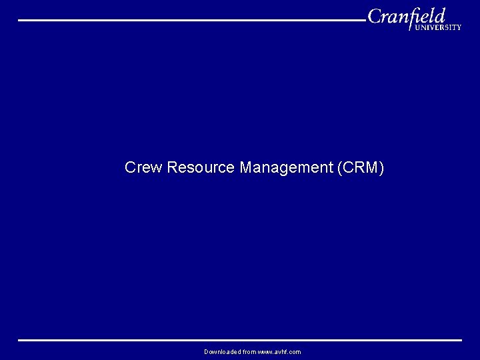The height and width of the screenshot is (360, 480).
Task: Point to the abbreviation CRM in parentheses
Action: point(361,167)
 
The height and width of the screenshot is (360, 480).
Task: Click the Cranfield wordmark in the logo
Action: point(406,16)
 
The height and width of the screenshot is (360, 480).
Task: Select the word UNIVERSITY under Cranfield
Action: point(437,28)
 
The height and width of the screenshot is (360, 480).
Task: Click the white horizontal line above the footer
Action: point(240,340)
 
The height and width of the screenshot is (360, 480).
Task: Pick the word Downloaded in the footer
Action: point(222,351)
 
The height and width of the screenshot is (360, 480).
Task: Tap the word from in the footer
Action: point(249,351)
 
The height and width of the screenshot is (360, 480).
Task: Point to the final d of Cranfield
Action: point(439,15)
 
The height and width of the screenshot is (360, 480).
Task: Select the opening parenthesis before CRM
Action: point(341,167)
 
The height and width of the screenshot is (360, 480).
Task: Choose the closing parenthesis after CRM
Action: point(381,167)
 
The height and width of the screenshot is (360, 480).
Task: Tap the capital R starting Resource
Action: point(172,167)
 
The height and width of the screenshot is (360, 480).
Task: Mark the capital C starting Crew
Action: point(129,167)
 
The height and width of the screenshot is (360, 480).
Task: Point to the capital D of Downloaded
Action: point(207,351)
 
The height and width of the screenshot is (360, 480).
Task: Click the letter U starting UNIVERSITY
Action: point(417,28)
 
